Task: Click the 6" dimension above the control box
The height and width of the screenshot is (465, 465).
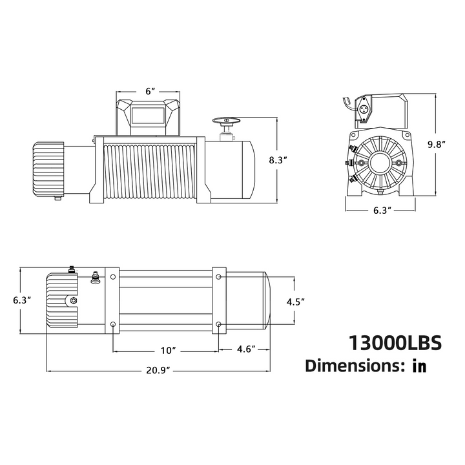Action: (x=150, y=92)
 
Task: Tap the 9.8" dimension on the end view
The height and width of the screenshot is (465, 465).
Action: (x=437, y=145)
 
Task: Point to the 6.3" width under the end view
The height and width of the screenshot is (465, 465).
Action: (x=378, y=210)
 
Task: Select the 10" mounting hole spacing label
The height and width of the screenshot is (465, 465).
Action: (x=169, y=350)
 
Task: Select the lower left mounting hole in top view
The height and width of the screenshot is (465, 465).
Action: (x=113, y=323)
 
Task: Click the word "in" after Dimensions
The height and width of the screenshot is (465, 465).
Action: (x=419, y=366)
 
